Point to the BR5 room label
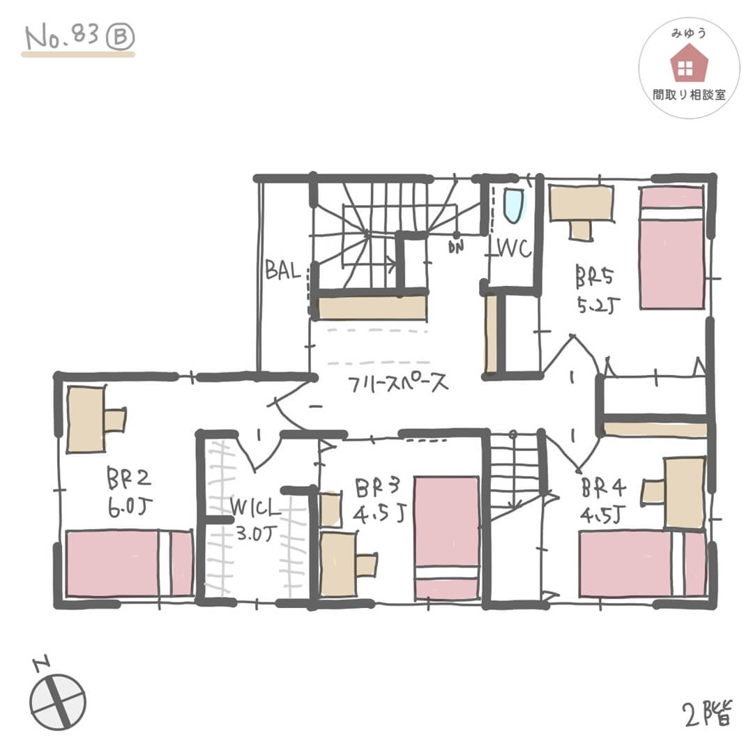point(594,276)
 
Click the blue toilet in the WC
point(512,205)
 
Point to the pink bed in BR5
point(672,248)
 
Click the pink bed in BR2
point(129,563)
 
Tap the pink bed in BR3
point(446,538)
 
